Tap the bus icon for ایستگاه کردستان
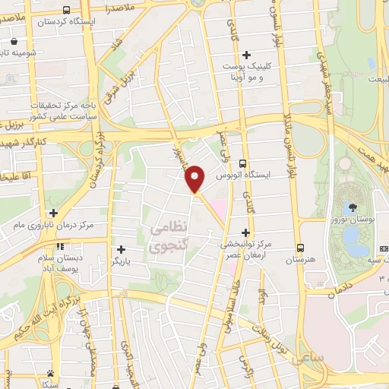click(x=67, y=11)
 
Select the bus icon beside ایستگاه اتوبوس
click(x=242, y=163)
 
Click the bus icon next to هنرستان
click(x=301, y=248)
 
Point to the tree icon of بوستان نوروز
click(x=353, y=207)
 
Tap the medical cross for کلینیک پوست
click(x=246, y=54)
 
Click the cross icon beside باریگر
click(x=121, y=248)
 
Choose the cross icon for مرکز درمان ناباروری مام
click(x=52, y=213)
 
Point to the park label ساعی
click(x=312, y=356)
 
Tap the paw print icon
click(x=49, y=373)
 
